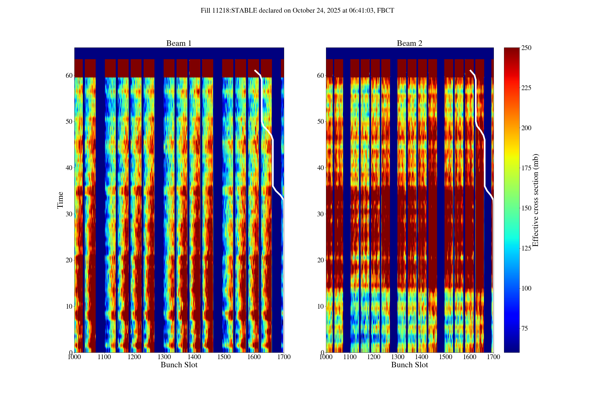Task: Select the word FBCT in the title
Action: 385,11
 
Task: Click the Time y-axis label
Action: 60,200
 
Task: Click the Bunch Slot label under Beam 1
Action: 179,365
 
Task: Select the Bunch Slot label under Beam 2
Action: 409,365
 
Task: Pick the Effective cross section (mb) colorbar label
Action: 535,200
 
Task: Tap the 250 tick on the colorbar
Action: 526,48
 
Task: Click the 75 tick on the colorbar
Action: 525,329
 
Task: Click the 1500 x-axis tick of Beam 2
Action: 446,357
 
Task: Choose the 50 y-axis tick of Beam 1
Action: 69,122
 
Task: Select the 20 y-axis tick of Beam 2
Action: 321,260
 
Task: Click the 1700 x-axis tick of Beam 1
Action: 284,357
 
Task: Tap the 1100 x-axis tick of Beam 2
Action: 350,357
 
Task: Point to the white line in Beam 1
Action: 273,162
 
